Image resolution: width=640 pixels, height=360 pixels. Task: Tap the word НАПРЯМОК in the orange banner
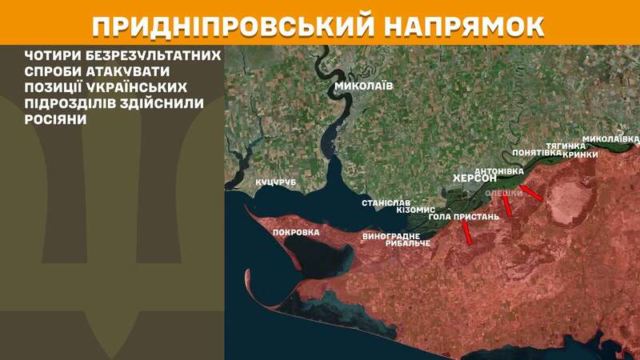point(462,23)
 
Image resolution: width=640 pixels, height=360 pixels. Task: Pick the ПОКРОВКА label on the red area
point(296,232)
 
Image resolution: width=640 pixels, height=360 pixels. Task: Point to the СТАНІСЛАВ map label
point(386,202)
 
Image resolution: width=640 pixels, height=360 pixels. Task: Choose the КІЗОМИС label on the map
point(416,209)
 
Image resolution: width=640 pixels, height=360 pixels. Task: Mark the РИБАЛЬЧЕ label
point(409,243)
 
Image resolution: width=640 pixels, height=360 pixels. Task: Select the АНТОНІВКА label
point(499,171)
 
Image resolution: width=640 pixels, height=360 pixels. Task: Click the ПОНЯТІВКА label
point(535,152)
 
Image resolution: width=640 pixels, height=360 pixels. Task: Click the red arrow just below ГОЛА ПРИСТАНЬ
point(466,233)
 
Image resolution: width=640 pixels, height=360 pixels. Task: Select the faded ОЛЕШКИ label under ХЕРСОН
point(504,193)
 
